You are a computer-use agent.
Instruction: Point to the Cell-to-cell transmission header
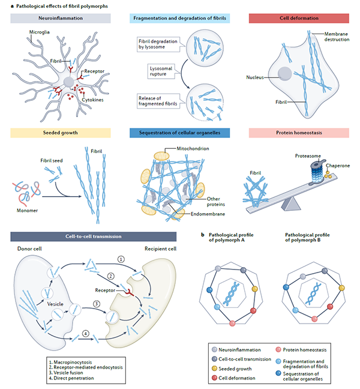pyautogui.click(x=89, y=237)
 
